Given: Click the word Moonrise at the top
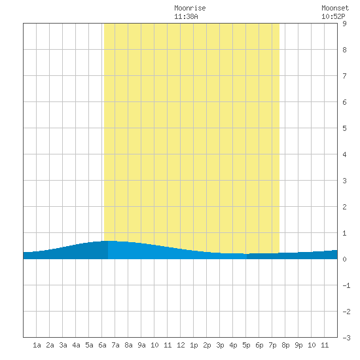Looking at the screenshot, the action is [190, 8].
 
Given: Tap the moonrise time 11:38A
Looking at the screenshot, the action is [186, 16].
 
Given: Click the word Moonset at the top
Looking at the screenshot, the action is [335, 8].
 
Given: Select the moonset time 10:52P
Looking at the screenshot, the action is [333, 16].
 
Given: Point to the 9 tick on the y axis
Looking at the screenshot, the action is [344, 24].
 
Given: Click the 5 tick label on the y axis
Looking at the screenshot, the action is [344, 128].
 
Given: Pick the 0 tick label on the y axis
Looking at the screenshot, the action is [344, 259].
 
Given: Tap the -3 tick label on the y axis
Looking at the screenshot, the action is [346, 338].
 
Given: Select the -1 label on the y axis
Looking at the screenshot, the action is [346, 285].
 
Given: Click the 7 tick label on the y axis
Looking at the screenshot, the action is [344, 76].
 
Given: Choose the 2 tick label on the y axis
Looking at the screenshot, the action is [344, 207].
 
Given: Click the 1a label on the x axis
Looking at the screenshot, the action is [37, 345].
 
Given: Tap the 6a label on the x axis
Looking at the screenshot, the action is [102, 345].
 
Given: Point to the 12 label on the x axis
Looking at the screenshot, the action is [181, 345].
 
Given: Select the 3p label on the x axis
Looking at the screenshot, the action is [220, 345].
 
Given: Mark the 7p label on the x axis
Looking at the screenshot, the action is [272, 345].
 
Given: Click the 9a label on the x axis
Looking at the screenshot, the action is [141, 345].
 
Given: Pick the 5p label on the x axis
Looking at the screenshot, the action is [246, 345].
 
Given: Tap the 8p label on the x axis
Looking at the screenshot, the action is [285, 345].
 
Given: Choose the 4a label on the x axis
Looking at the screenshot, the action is [76, 345].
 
